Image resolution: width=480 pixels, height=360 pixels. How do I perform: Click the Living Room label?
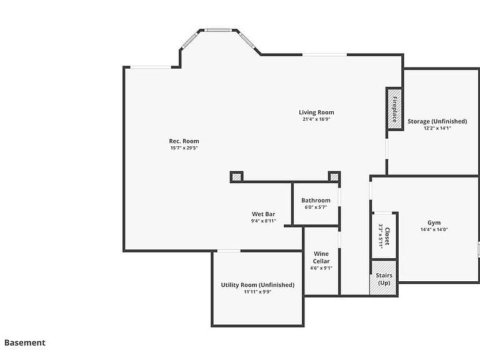316,112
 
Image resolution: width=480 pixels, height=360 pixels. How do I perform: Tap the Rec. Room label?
184,141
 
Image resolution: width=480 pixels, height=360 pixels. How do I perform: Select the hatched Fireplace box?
394,109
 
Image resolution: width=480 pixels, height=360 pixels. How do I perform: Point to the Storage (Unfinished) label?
437,121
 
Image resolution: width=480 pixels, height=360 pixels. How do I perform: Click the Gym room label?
434,223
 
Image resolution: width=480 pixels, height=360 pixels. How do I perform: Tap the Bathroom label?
316,201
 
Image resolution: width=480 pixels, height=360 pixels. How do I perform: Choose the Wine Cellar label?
321,257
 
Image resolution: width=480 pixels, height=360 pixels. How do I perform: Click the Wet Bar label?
264,214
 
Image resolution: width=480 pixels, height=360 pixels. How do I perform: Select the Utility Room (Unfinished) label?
257,285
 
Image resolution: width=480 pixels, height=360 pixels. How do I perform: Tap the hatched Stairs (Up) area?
383,278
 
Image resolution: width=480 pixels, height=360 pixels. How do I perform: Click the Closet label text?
387,236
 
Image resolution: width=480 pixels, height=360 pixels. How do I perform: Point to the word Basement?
25,343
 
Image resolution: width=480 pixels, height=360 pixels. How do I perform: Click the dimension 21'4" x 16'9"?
316,119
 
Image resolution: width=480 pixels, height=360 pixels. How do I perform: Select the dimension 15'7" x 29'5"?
184,148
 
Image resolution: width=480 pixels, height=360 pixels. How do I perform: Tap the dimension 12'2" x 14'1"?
437,128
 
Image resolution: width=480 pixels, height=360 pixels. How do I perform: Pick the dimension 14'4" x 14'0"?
434,229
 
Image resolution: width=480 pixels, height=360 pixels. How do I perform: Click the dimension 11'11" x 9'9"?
257,292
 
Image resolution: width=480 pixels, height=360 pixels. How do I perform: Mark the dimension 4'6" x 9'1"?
321,268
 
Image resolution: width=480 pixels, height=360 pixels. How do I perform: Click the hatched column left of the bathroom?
236,177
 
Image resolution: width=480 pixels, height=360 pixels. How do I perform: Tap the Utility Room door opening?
229,251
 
